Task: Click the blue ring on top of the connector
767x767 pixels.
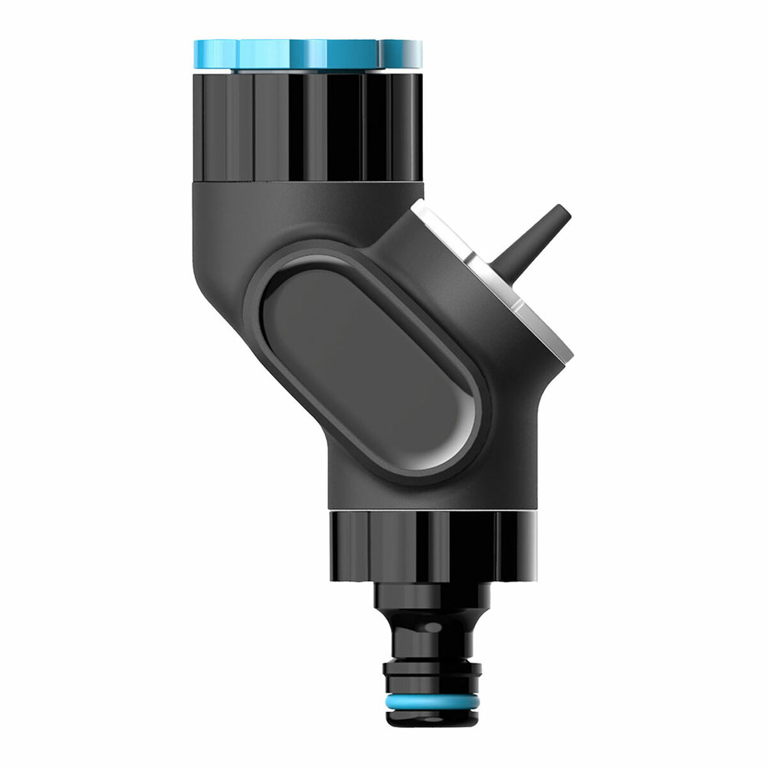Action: pos(307,54)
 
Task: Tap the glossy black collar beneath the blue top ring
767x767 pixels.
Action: pos(307,128)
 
